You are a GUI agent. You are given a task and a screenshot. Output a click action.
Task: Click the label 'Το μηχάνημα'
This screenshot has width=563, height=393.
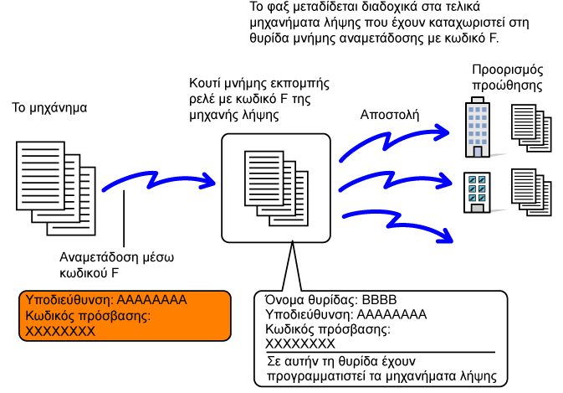point(49,108)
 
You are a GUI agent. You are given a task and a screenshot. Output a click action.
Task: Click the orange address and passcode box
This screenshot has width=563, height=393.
point(125,315)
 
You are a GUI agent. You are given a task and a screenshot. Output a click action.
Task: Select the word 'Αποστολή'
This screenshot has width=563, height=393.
point(389,114)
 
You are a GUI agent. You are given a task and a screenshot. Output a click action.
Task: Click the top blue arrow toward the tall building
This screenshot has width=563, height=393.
point(393,142)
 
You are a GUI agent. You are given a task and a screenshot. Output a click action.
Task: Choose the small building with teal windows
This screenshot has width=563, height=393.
point(477,192)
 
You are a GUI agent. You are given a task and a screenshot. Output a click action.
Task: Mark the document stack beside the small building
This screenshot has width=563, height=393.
point(531,194)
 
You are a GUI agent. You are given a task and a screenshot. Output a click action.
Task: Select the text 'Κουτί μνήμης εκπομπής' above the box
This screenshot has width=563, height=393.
point(259,85)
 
